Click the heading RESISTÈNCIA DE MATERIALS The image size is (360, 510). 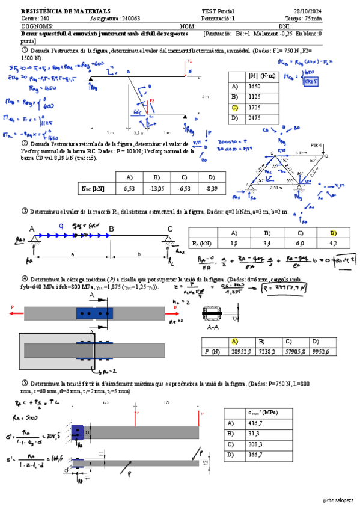point(57,11)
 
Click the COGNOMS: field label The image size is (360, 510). point(37,26)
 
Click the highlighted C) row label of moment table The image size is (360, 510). point(235,106)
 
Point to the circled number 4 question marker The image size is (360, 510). point(25,279)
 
